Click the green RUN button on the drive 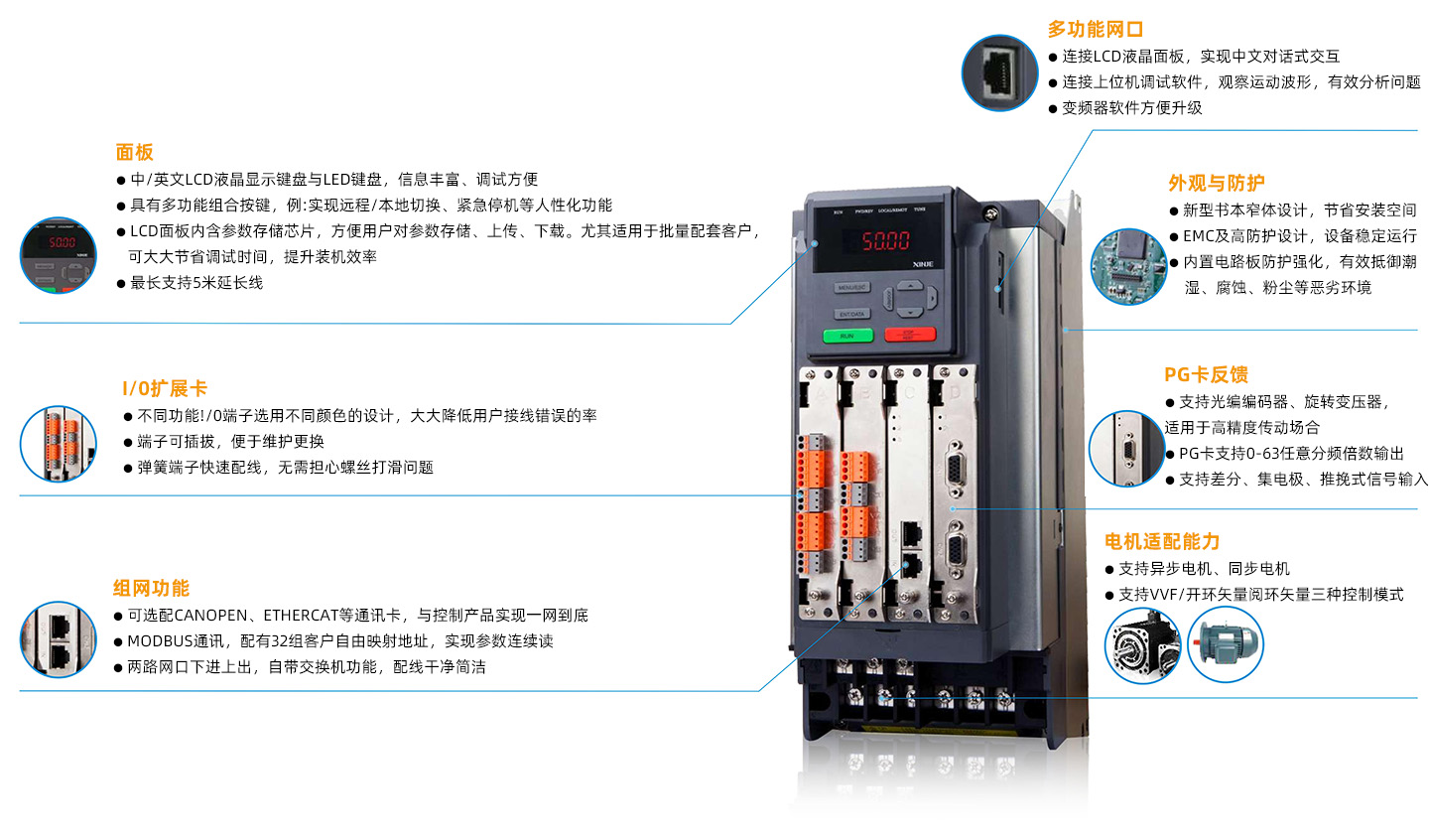[x=847, y=336]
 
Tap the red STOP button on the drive [x=910, y=334]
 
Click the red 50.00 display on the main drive [x=885, y=240]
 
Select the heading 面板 [x=135, y=153]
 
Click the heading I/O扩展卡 [x=165, y=388]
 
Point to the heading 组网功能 [x=151, y=588]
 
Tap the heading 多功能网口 [x=1095, y=29]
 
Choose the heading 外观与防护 [x=1217, y=184]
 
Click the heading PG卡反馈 [x=1206, y=374]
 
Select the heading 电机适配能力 [x=1162, y=541]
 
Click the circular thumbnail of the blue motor [x=1225, y=643]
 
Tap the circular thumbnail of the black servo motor [x=1142, y=645]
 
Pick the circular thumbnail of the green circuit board [x=1128, y=266]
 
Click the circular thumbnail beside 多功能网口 [x=999, y=72]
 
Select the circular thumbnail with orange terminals [x=58, y=444]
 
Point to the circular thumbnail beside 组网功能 [x=58, y=639]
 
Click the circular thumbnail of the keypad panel [x=58, y=255]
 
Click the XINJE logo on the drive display [x=923, y=264]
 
